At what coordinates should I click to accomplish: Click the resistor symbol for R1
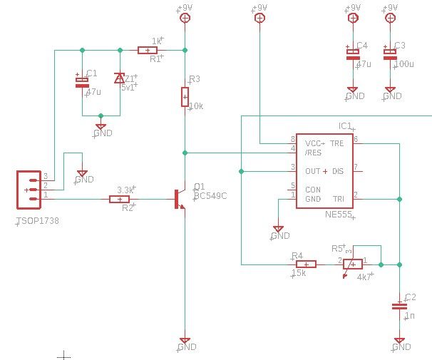point(148,50)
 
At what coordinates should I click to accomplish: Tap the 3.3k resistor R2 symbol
point(119,199)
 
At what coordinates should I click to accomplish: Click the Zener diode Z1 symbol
point(119,79)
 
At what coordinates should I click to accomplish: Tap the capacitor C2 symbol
point(398,307)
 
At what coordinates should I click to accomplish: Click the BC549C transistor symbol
point(179,199)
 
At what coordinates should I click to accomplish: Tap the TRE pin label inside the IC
point(336,143)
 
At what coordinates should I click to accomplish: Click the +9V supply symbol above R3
point(185,18)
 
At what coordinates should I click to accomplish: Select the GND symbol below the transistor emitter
point(185,342)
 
